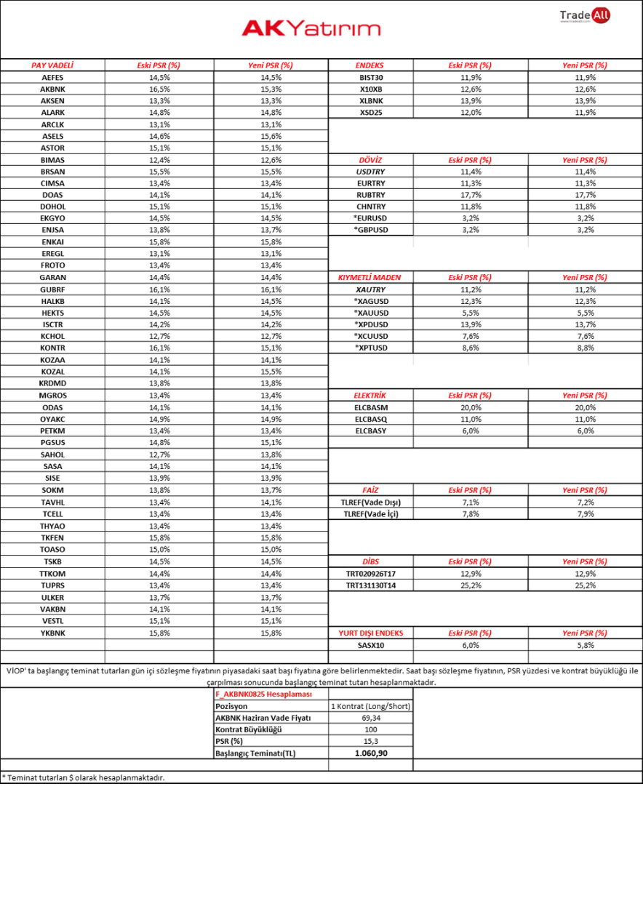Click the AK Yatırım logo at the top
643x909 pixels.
coord(311,28)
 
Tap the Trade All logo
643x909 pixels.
coord(585,16)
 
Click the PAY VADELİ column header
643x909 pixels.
coord(52,65)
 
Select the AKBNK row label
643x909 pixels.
coord(52,89)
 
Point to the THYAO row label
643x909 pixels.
coord(52,526)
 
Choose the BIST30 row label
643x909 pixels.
coord(371,77)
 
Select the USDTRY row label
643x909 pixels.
coord(371,172)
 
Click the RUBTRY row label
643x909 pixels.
coord(371,195)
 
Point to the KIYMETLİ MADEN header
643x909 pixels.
coord(370,277)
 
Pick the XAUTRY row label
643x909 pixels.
coord(371,289)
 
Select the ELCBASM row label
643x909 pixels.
coord(371,407)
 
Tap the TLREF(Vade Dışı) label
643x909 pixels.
coord(371,502)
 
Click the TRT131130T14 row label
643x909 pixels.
coord(371,585)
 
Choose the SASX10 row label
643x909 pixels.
coord(371,645)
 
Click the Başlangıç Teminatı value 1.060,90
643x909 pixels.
coord(371,753)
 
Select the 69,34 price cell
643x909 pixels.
coord(371,718)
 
